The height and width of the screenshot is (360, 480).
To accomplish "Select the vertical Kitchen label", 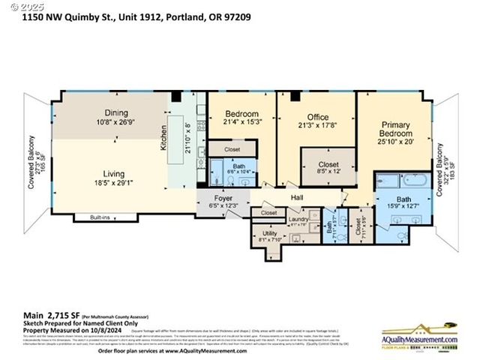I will [x=163, y=139].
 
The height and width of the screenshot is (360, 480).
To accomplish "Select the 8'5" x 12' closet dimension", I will [x=328, y=172].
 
